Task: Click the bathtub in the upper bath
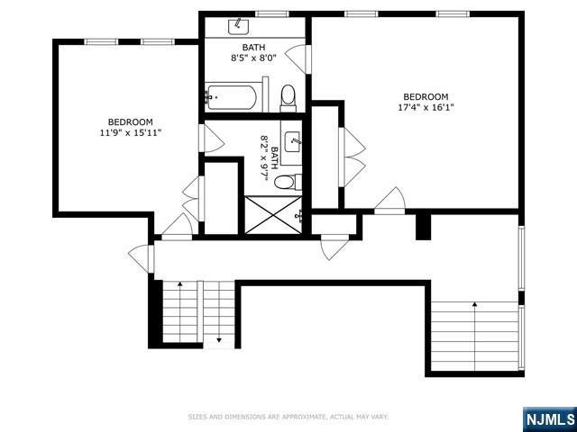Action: tap(233, 95)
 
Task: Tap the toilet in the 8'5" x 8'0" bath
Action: tap(288, 95)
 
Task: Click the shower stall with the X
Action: tap(270, 214)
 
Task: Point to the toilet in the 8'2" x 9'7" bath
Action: tap(285, 183)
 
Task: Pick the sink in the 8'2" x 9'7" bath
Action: tap(293, 141)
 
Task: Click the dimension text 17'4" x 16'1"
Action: tap(425, 109)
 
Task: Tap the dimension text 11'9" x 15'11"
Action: tap(131, 133)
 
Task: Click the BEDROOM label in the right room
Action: tap(425, 96)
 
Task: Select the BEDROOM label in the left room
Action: tap(131, 121)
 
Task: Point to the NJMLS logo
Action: tap(548, 419)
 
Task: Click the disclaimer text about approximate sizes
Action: tap(288, 417)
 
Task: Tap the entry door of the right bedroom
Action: tap(389, 201)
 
